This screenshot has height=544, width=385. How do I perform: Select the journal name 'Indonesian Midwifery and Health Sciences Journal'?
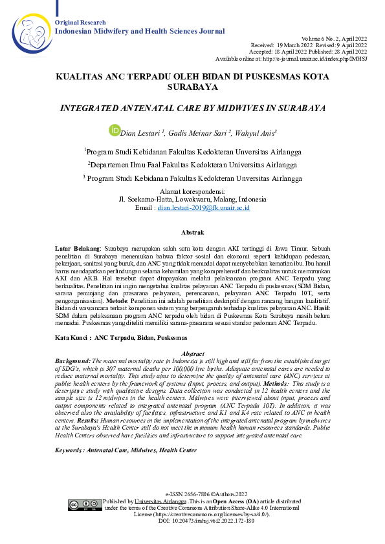pos(140,31)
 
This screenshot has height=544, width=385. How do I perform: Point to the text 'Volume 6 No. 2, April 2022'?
pos(337,39)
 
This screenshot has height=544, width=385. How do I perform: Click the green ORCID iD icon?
pos(115,131)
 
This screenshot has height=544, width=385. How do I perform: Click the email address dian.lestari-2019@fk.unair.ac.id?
pos(204,208)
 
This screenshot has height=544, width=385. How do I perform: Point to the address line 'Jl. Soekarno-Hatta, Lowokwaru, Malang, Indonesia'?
pos(193,199)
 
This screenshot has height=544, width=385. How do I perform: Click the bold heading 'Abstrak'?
pos(192,232)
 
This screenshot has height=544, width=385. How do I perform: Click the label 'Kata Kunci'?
pos(71,337)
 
